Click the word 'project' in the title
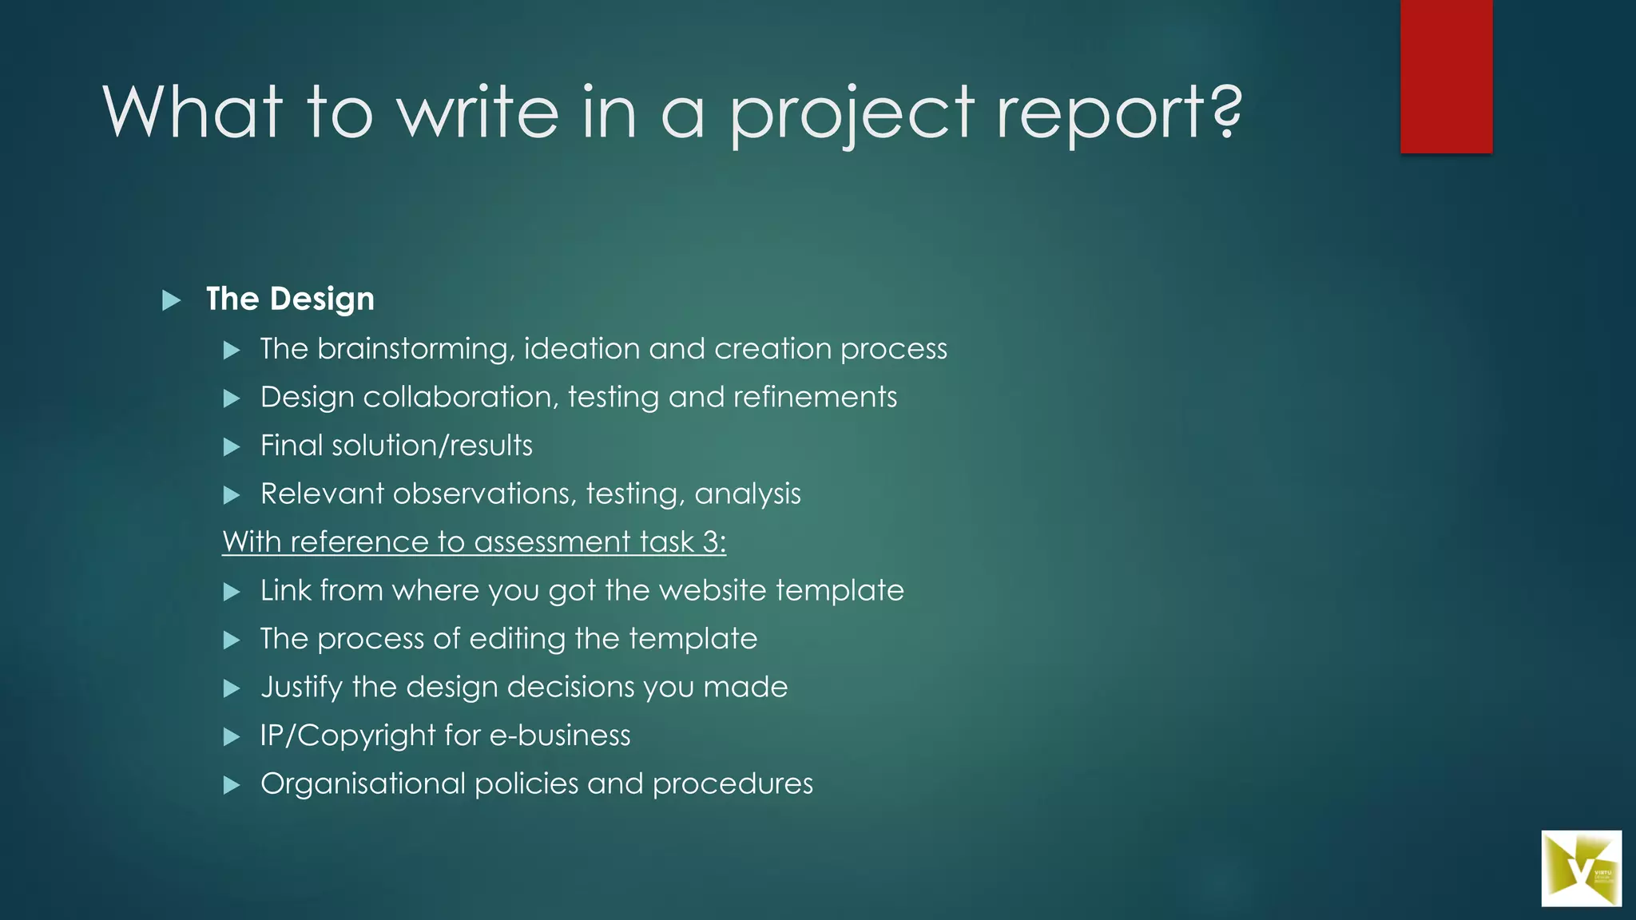pos(852,113)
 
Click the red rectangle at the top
pos(1446,76)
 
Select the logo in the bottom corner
pos(1581,868)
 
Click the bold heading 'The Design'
pos(290,299)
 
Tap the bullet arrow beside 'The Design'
pos(171,301)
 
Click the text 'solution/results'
pos(431,446)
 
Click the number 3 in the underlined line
pos(711,542)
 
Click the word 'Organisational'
pos(363,784)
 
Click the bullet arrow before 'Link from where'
pos(232,593)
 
